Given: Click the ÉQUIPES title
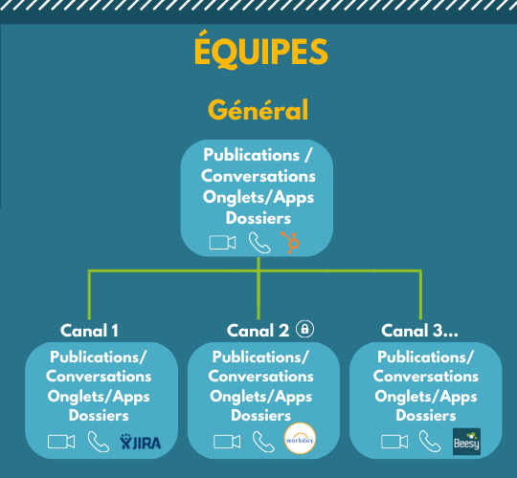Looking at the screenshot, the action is pos(260,50).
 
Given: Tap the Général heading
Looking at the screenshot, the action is pos(258,110).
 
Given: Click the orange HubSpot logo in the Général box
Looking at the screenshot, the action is pos(290,243).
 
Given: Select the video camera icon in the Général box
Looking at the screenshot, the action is pos(222,243).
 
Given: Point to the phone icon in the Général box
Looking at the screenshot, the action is pos(259,243).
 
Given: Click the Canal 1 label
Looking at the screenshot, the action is pos(89,331).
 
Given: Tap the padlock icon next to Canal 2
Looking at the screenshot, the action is pos(305,329).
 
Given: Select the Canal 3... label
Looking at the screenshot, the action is pos(419,331).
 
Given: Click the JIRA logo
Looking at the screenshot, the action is pos(141,442).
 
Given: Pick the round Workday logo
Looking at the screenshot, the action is pos(300,439).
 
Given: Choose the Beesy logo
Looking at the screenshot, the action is pos(466,442).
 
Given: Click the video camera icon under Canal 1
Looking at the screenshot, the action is pos(61,442).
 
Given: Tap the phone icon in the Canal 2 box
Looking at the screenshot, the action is pos(263,442).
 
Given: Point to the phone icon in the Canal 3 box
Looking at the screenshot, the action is pos(430,442).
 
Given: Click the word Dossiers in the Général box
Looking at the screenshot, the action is pos(258,218).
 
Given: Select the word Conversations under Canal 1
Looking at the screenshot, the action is pos(99,377).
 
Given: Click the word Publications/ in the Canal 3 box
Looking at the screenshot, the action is pos(425,358).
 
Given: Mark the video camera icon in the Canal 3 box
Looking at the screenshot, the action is pos(394,442).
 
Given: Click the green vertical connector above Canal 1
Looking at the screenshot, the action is pos(89,295).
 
